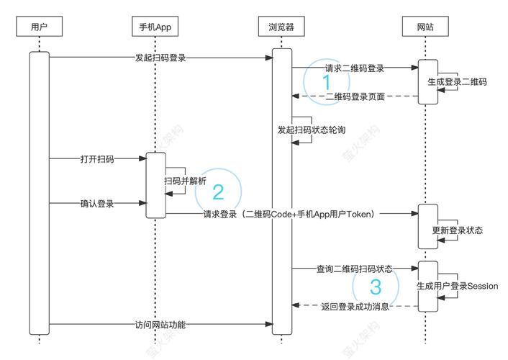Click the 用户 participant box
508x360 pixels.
coord(40,28)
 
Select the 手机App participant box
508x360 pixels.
coord(155,28)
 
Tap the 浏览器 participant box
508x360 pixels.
coord(281,28)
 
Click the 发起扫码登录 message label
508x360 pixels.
coord(160,57)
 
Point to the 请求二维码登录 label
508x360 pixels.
coord(354,68)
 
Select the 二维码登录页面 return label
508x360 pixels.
coord(355,96)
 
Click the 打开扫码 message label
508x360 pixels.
coord(97,158)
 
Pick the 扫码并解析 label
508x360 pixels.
coord(186,181)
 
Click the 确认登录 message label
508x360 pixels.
coord(97,204)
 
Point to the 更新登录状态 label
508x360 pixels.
coord(457,231)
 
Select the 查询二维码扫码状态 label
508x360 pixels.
coord(354,269)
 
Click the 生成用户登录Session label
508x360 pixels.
coord(457,286)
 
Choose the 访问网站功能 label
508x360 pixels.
coord(160,325)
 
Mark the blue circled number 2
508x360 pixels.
coord(217,192)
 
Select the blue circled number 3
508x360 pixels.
coord(375,287)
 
